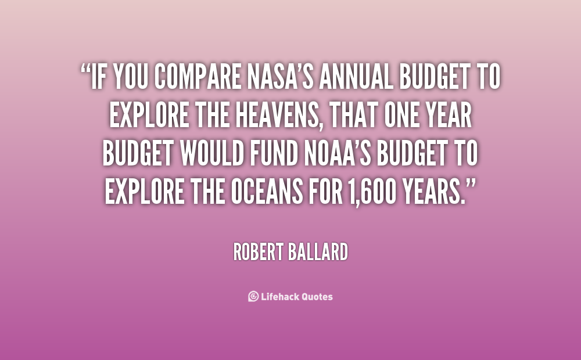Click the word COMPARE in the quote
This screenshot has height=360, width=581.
[198, 76]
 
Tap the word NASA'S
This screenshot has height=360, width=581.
[281, 76]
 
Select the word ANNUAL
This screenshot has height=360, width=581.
[356, 76]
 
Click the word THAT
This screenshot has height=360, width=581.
[353, 115]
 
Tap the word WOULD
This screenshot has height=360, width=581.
[212, 153]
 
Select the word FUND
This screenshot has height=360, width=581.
[274, 153]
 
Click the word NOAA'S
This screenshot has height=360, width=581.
[338, 153]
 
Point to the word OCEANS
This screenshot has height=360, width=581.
[267, 192]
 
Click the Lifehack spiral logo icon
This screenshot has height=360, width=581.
[253, 296]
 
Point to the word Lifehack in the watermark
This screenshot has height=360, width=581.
[279, 296]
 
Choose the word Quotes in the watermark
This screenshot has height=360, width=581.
[317, 297]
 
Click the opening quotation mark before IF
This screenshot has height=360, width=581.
[85, 69]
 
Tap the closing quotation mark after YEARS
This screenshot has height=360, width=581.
[471, 185]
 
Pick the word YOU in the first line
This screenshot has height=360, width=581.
[130, 76]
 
